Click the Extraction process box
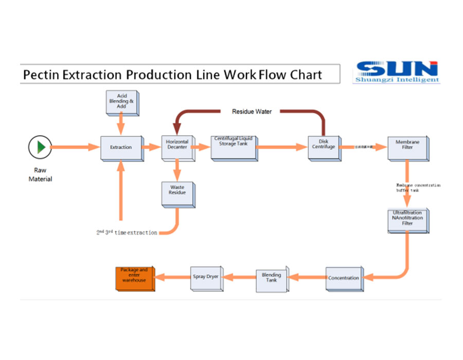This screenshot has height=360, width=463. tap(121, 148)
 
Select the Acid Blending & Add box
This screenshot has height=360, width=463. tap(121, 102)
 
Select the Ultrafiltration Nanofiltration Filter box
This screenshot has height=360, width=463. tap(408, 219)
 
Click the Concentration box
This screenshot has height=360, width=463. tap(344, 278)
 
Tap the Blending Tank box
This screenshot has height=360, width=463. tap(271, 278)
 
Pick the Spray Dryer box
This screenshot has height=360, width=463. tap(205, 277)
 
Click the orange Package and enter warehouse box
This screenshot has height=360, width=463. tap(134, 278)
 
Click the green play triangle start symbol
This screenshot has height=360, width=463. tap(41, 147)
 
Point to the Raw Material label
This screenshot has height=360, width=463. tap(40, 174)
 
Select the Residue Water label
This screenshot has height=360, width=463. tap(252, 112)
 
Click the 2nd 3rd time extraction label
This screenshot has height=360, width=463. tap(127, 232)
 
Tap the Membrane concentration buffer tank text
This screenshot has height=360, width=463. tap(418, 188)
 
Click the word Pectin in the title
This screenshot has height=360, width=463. tap(42, 75)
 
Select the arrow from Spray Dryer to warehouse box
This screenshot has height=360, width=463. tap(173, 277)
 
